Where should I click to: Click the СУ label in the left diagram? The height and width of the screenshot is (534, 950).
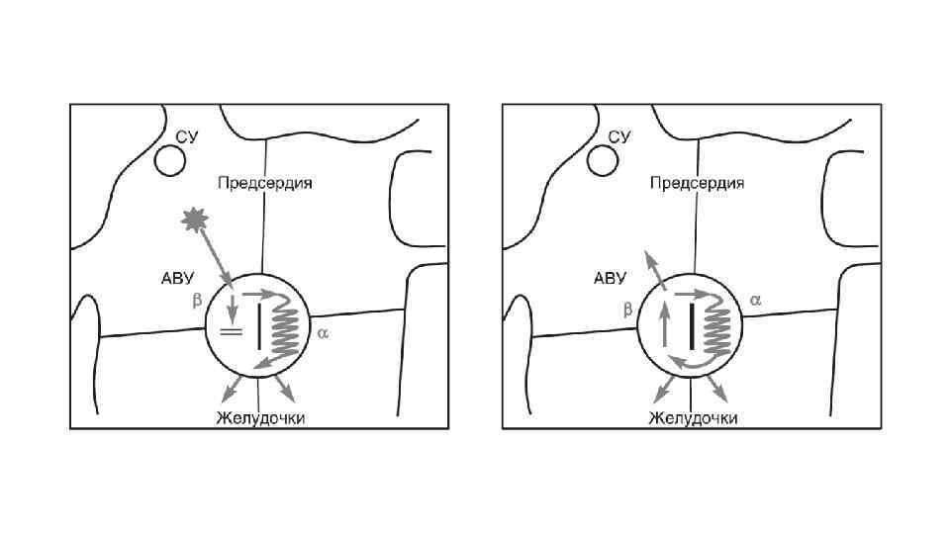pos(187,136)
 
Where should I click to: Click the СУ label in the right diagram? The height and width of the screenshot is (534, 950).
pos(619,136)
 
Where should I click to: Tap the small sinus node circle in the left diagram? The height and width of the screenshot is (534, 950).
pos(170,158)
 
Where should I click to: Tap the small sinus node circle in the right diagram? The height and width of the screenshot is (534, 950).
pos(603,158)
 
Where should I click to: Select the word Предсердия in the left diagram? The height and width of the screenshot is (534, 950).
pos(264,183)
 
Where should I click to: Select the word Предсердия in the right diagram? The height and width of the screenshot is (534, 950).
pos(697,183)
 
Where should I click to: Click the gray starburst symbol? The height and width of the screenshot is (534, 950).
pos(194,220)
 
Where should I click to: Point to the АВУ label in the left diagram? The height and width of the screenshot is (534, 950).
pos(179,279)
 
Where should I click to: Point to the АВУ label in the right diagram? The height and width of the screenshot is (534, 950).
pos(611,279)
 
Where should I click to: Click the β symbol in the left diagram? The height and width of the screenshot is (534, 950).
pos(197,304)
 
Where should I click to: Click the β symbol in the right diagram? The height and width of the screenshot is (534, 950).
pos(627,310)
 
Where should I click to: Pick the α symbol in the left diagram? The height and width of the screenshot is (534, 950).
pos(322,333)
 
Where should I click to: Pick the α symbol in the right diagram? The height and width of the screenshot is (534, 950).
pos(755,298)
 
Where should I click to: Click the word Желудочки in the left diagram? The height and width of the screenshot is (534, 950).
pos(260,417)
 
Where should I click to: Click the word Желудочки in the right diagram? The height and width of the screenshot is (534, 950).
pos(693,417)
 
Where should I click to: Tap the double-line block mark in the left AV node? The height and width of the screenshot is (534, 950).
pos(231,332)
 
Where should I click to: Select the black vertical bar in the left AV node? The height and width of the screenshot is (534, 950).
pos(259,326)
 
